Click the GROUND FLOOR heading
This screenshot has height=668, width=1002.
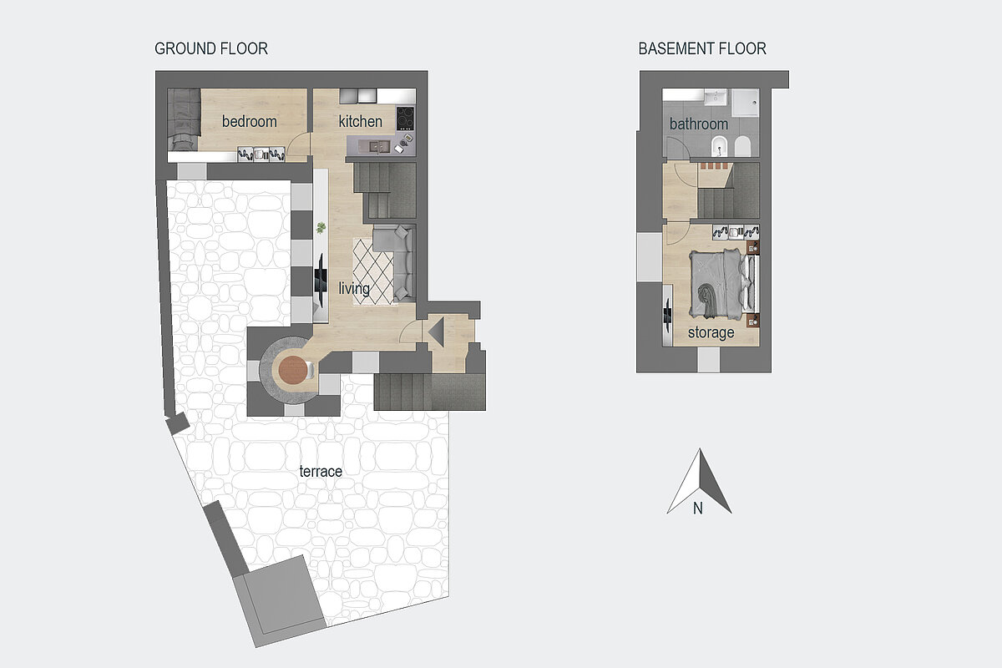tap(211, 48)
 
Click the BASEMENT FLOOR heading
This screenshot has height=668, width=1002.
tap(702, 48)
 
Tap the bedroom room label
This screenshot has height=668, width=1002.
tap(249, 121)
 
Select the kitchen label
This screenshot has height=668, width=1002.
tap(360, 121)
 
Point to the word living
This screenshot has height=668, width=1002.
tap(354, 289)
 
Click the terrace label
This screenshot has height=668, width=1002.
tap(321, 471)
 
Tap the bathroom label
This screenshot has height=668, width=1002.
tap(699, 124)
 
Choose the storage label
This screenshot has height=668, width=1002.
tap(711, 332)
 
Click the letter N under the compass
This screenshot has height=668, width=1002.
tap(698, 509)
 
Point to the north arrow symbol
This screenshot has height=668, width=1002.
tap(700, 482)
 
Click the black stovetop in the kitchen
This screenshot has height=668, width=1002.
tap(405, 118)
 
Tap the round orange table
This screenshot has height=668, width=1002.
tap(293, 370)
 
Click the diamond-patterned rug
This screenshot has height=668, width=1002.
tap(374, 271)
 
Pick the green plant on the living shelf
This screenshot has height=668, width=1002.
tap(321, 228)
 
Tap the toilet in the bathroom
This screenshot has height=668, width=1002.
tap(742, 146)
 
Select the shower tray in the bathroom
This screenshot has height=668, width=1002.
tap(746, 104)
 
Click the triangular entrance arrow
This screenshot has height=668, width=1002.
tap(436, 332)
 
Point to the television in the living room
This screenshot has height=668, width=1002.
tap(321, 280)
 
